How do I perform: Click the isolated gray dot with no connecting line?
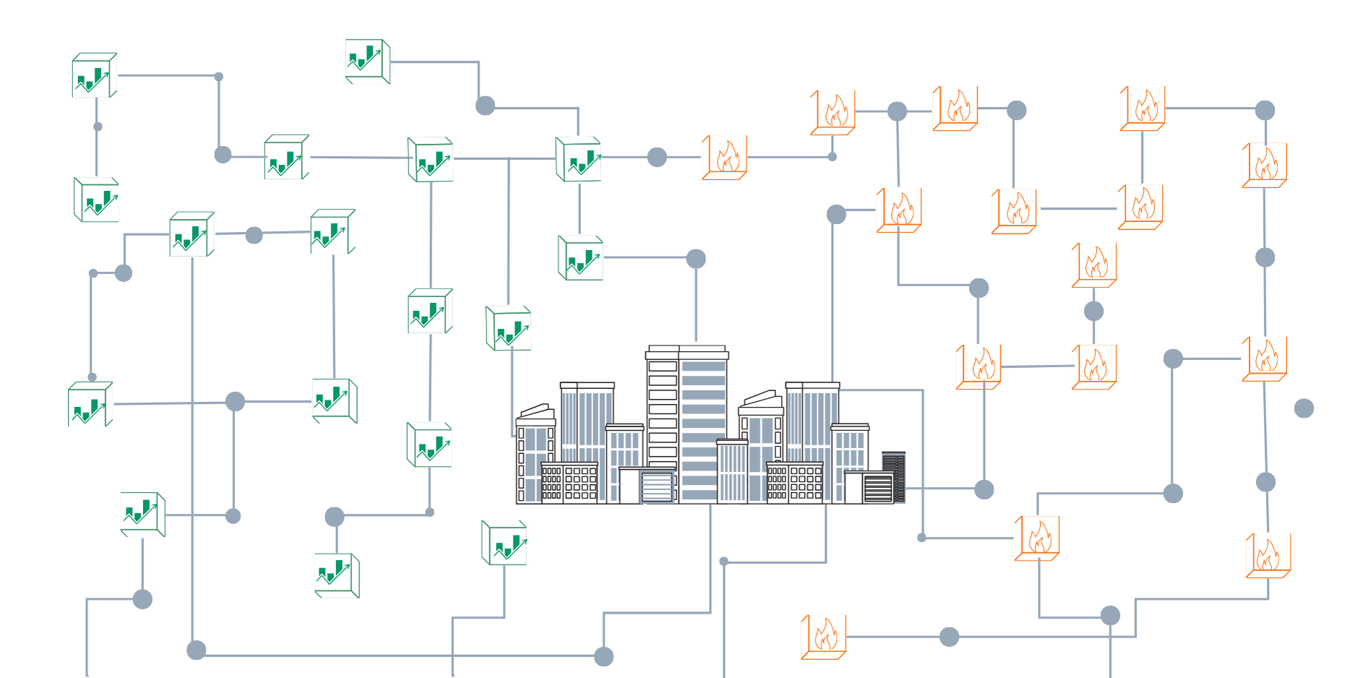(x=1304, y=408)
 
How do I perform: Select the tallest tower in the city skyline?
(x=687, y=419)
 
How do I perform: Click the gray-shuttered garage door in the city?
(x=657, y=486)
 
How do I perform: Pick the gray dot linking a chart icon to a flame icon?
(x=657, y=157)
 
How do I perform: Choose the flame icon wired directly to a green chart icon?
(x=724, y=157)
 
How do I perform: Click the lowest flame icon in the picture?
(x=824, y=637)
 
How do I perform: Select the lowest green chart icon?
(x=337, y=575)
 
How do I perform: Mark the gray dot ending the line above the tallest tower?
(x=696, y=259)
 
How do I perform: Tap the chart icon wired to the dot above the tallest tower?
(x=580, y=257)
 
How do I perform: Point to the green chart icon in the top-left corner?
(x=94, y=75)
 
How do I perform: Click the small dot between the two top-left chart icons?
(x=98, y=126)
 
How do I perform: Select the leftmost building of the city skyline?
(x=535, y=455)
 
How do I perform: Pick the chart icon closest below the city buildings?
(x=504, y=543)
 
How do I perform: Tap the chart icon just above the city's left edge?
(x=509, y=328)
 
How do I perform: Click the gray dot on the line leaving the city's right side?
(x=984, y=489)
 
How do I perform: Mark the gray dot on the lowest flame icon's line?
(x=949, y=637)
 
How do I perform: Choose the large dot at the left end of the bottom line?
(x=197, y=651)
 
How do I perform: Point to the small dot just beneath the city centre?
(x=724, y=561)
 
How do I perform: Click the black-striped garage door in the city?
(x=878, y=489)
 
